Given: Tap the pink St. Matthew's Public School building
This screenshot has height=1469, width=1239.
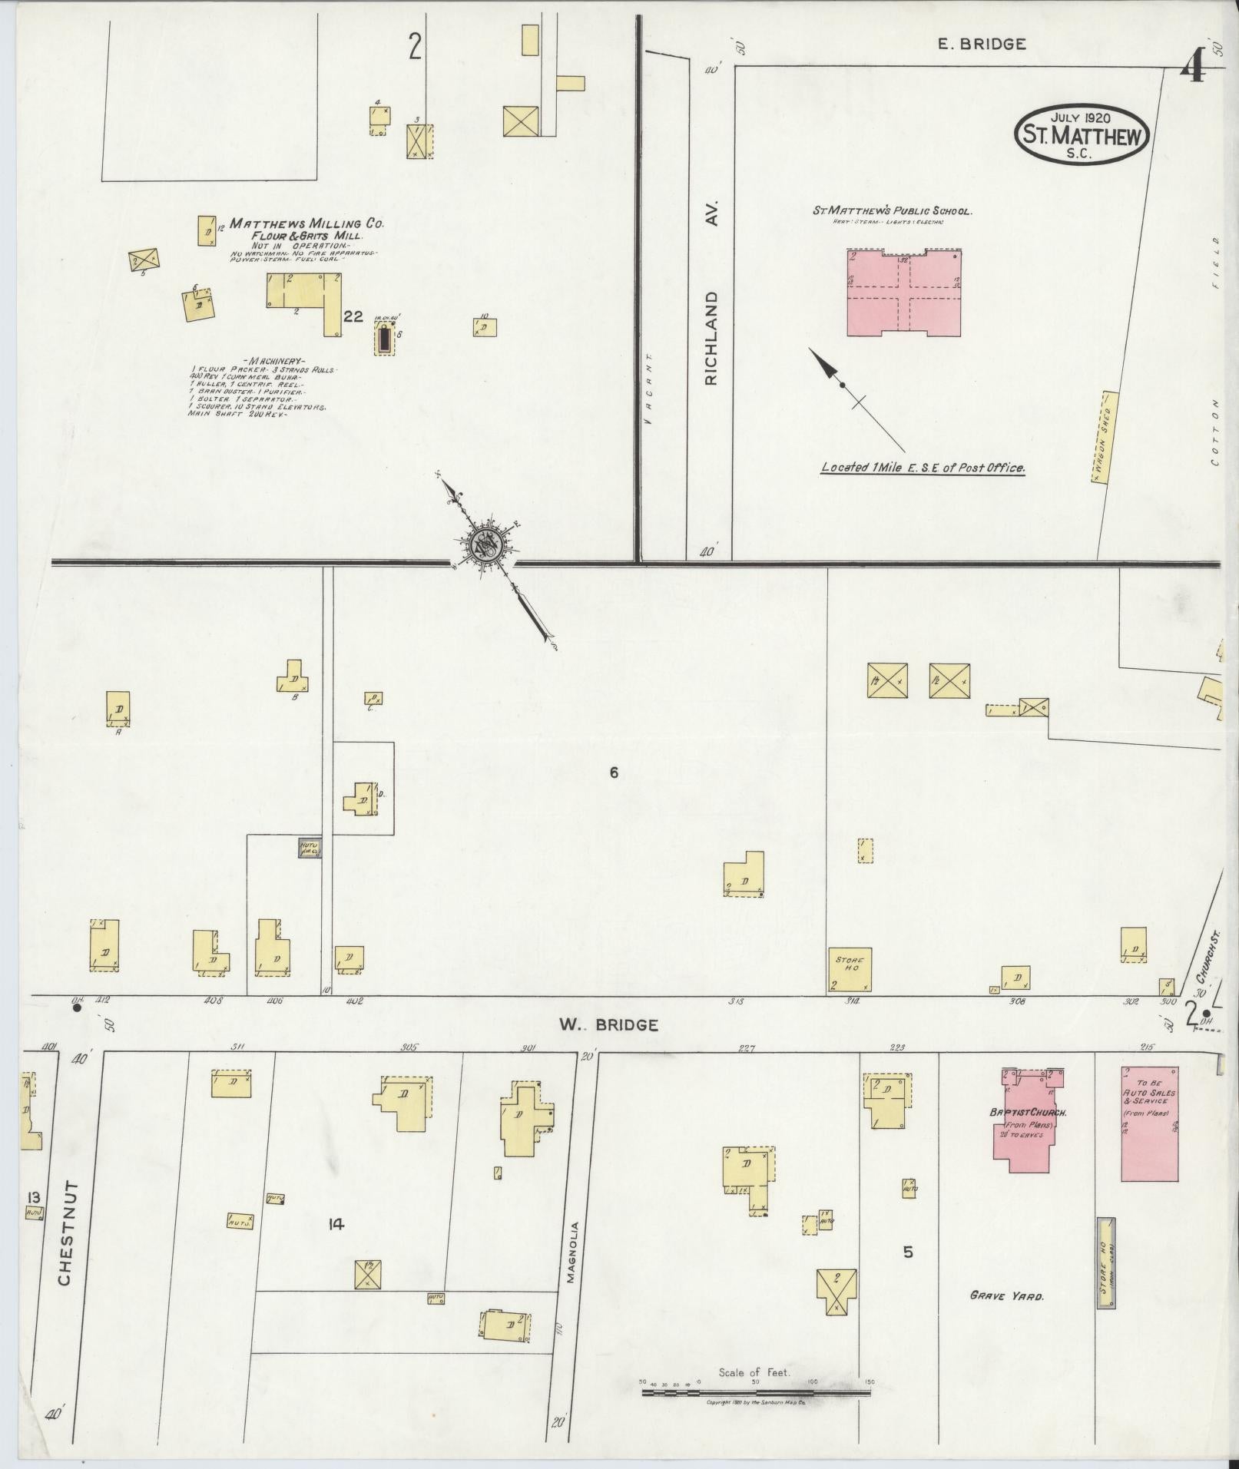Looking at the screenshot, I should click(904, 293).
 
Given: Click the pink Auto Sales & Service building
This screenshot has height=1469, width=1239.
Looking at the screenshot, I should click(1149, 1123).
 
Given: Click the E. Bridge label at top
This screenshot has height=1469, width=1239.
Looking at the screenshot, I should click(982, 45).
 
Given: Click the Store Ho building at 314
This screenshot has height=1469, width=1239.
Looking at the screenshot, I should click(850, 969).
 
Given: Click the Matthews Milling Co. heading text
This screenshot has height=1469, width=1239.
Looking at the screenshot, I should click(306, 223).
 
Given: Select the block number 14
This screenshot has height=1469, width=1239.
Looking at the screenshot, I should click(335, 1225).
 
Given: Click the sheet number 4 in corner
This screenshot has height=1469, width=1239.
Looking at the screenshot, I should click(1191, 71).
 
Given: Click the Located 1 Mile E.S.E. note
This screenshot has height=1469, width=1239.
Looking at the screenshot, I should click(923, 467).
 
